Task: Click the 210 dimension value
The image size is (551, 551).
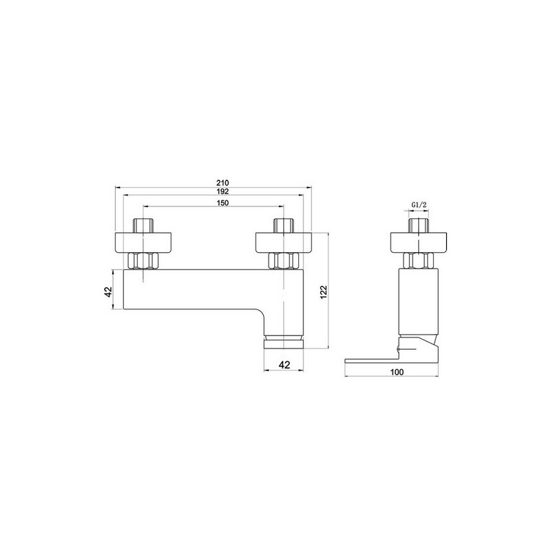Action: tap(222, 183)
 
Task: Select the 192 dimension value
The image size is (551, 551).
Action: tap(222, 191)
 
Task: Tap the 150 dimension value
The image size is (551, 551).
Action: tap(222, 202)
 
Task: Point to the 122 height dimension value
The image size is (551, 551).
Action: tap(324, 292)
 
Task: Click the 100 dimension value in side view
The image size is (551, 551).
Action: tap(397, 372)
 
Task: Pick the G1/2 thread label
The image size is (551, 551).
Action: tap(419, 205)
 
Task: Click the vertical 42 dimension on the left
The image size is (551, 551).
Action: tap(108, 291)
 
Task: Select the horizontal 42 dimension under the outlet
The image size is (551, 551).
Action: tap(284, 365)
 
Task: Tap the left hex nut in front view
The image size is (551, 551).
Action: tap(143, 261)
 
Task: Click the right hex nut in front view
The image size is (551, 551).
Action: tap(284, 261)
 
